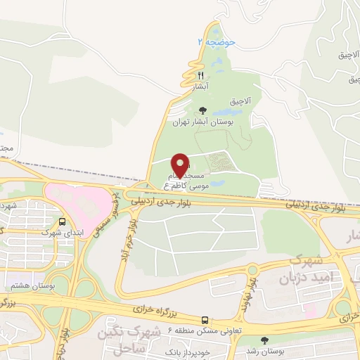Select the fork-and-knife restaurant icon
coord(200,75)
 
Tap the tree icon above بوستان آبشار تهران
coord(203,110)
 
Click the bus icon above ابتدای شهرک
coord(62,220)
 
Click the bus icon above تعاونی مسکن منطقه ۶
coord(205,319)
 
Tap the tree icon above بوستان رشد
coord(254,340)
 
